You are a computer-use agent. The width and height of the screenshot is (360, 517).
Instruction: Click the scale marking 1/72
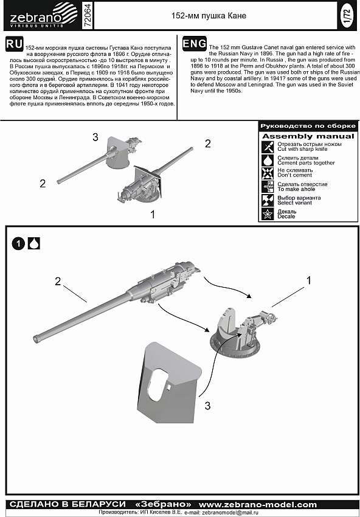coord(347,15)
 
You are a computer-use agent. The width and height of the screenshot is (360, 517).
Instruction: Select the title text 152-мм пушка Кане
coord(209,16)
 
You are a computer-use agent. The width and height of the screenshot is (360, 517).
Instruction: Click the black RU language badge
coord(14,44)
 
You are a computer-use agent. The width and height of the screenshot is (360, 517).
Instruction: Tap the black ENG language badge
coord(195,44)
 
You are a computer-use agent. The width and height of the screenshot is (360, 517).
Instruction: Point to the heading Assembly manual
coord(308,136)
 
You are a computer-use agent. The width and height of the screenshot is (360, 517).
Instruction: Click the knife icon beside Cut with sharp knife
coord(268,147)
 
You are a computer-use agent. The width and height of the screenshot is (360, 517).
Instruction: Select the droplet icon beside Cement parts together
coord(268,160)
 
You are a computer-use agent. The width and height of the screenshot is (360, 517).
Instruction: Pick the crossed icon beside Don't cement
coord(268,173)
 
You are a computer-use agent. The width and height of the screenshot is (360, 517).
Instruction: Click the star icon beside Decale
coord(268,214)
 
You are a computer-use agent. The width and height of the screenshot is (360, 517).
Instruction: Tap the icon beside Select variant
coord(268,200)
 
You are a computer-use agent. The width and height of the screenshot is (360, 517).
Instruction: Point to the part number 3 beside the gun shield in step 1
coord(207,406)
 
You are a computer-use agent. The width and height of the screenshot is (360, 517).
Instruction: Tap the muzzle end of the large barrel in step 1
coord(36,339)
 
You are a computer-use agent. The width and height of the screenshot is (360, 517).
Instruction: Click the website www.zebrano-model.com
coord(258,504)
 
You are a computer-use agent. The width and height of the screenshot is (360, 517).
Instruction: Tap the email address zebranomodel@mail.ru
coord(230,513)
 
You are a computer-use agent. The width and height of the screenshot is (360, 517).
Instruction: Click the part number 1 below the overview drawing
coord(152,214)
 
